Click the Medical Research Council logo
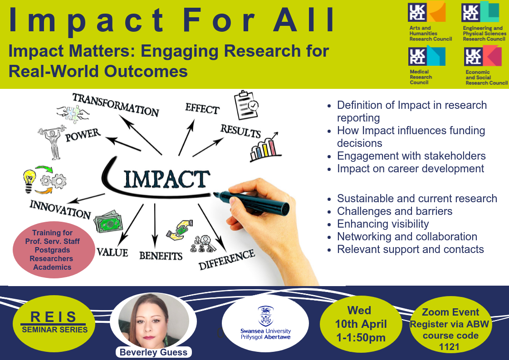click(426, 65)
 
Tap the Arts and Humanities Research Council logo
click(430, 21)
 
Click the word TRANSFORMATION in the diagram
click(116, 104)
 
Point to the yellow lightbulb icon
click(29, 180)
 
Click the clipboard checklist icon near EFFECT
click(246, 105)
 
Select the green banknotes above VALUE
click(108, 222)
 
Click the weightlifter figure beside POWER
click(52, 142)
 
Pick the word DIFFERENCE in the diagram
click(226, 259)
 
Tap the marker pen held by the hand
click(251, 202)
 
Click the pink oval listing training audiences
click(54, 250)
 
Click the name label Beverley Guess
click(153, 352)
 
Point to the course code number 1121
click(449, 347)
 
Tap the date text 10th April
click(361, 324)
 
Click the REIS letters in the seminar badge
click(53, 317)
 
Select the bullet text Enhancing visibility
click(383, 224)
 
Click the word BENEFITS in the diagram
click(161, 256)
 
